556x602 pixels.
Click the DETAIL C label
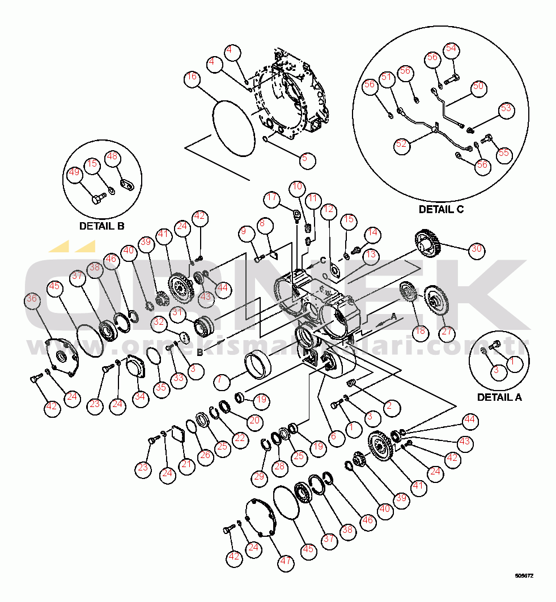click(441, 209)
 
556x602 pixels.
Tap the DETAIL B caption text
click(101, 226)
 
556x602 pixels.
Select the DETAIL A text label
click(499, 397)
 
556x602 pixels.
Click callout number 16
click(193, 78)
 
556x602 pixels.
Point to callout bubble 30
click(476, 248)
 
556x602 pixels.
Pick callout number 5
click(308, 159)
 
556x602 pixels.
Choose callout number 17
click(273, 198)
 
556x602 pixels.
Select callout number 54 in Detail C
click(451, 49)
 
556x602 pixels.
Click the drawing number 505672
click(524, 576)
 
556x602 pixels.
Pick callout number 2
click(390, 406)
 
